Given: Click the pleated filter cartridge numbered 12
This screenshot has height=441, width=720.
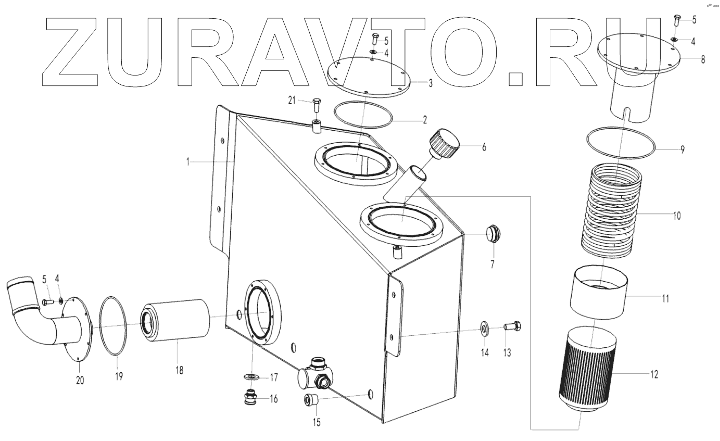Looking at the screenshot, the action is (587, 370).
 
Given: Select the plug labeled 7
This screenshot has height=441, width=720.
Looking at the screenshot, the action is (491, 234).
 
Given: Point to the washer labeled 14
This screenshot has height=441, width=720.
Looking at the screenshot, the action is (485, 329).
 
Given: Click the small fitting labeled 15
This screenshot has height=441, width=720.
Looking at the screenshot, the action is (312, 400).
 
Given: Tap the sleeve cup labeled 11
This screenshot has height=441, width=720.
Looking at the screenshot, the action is (599, 292).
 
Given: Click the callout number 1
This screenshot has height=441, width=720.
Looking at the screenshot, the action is (188, 162).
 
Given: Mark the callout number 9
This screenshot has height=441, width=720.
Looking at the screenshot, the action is (682, 149).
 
